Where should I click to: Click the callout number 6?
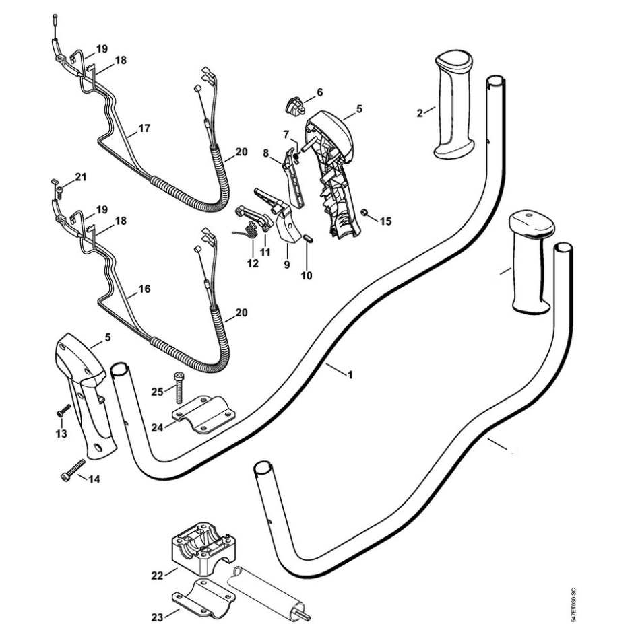319,92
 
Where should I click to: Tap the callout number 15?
385,220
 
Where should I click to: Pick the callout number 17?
144,127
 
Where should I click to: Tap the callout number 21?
81,178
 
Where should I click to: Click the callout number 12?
252,264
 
